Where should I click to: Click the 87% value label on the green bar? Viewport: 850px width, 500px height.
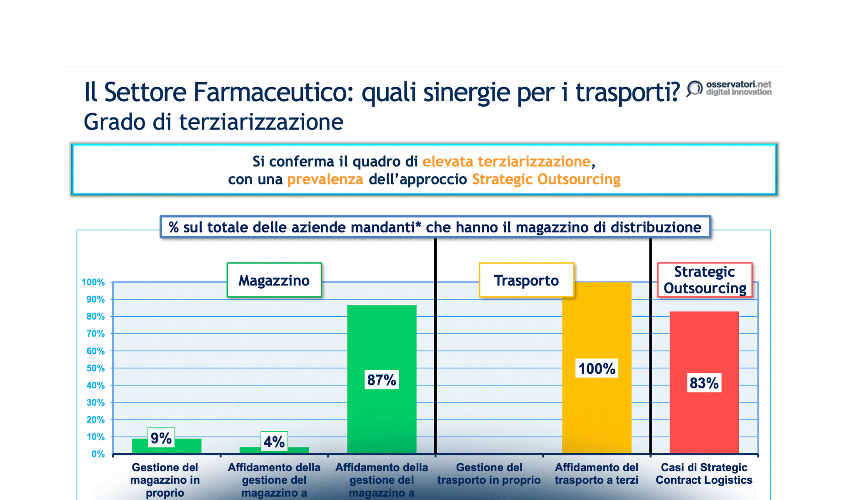pyautogui.click(x=381, y=380)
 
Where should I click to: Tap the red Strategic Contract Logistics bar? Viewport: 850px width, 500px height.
pyautogui.click(x=704, y=421)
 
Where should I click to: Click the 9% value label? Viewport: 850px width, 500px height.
pyautogui.click(x=161, y=438)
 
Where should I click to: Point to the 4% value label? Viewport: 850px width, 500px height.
pyautogui.click(x=274, y=442)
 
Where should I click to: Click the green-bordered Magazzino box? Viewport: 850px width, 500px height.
pyautogui.click(x=274, y=280)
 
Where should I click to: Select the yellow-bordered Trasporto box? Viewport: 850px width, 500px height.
pyautogui.click(x=526, y=280)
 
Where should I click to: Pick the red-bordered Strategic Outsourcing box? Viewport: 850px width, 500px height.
pyautogui.click(x=705, y=280)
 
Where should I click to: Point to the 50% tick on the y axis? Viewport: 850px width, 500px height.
pyautogui.click(x=96, y=368)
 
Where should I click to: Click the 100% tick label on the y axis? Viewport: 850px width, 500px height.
pyautogui.click(x=93, y=282)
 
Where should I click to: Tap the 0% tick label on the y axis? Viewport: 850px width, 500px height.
pyautogui.click(x=98, y=454)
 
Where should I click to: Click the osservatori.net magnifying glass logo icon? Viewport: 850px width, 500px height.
pyautogui.click(x=694, y=88)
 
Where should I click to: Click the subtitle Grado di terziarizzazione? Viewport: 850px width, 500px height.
pyautogui.click(x=213, y=122)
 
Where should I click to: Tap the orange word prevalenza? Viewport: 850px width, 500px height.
pyautogui.click(x=325, y=179)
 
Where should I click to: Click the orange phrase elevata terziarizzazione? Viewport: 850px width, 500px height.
pyautogui.click(x=506, y=161)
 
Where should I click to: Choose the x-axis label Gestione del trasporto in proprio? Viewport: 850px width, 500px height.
pyautogui.click(x=489, y=474)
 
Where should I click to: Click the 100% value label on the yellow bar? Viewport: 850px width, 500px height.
pyautogui.click(x=596, y=368)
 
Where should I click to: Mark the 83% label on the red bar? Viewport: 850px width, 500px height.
pyautogui.click(x=704, y=383)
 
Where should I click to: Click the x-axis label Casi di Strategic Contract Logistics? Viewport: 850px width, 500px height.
pyautogui.click(x=704, y=474)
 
